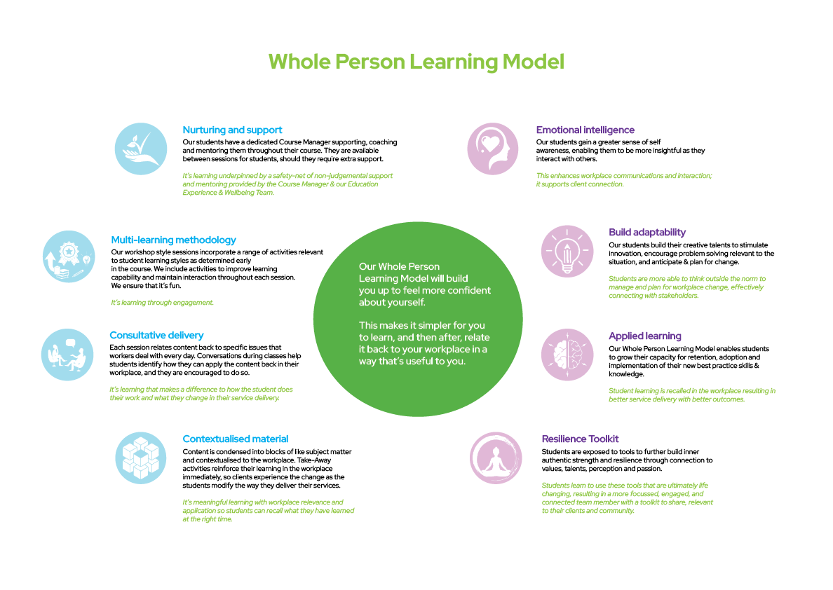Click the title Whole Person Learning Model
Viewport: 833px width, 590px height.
coord(416,62)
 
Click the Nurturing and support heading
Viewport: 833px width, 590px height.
coord(232,130)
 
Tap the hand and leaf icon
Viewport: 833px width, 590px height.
coord(142,149)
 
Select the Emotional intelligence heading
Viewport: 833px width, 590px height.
coord(585,130)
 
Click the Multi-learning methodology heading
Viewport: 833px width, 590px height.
coord(173,240)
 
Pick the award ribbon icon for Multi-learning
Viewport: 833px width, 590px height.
coord(69,256)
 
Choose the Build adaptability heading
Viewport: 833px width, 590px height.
coord(647,232)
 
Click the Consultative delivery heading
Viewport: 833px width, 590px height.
coord(156,336)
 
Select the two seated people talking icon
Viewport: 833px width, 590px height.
coord(67,354)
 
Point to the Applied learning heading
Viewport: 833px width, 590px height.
coord(645,336)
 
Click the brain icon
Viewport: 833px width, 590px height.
coord(567,354)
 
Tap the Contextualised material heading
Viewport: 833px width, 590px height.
coord(236,439)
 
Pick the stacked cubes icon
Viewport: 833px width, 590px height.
coord(140,457)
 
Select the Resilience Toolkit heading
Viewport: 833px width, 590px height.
coord(580,439)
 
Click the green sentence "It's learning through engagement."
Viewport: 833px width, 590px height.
coord(162,303)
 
